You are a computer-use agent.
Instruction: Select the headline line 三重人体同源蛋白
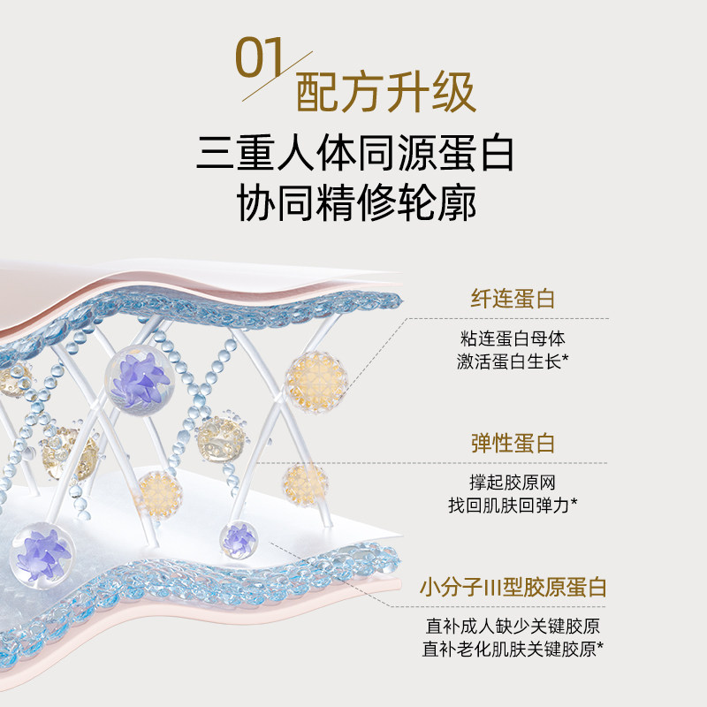click(354, 156)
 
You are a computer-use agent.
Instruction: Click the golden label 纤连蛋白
click(513, 300)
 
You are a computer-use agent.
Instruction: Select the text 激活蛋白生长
click(508, 361)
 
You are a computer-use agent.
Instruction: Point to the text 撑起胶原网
click(513, 483)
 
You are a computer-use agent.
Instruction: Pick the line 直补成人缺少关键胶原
click(513, 627)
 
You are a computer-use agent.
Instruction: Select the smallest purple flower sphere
click(239, 537)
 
